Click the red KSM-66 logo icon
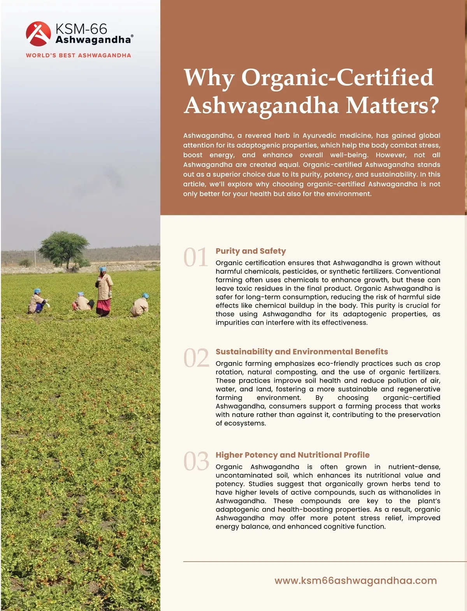tap(38, 33)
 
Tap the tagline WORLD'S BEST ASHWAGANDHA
tap(78, 55)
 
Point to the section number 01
tap(196, 257)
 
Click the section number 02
tap(196, 358)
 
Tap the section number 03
tap(196, 461)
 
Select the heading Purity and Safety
tap(251, 251)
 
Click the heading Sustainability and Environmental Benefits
tap(302, 352)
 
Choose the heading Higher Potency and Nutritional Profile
tap(292, 455)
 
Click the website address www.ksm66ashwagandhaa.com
tap(355, 581)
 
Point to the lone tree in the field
tap(64, 248)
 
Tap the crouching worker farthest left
tap(37, 302)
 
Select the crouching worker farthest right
tap(140, 305)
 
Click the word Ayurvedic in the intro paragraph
tap(319, 136)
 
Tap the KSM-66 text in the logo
tap(81, 29)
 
